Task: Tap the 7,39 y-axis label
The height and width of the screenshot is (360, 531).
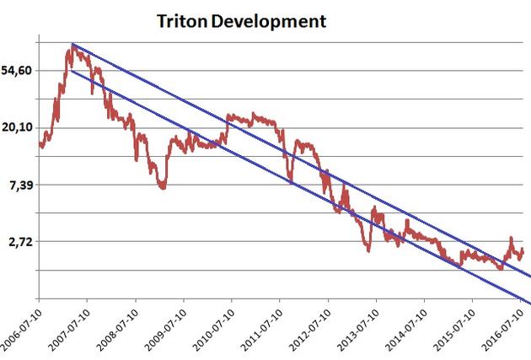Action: tap(20, 185)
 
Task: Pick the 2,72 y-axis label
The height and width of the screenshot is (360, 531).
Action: tap(20, 241)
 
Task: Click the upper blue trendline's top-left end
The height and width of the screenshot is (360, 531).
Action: tap(72, 44)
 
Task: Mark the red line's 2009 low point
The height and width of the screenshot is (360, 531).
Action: tap(162, 187)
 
